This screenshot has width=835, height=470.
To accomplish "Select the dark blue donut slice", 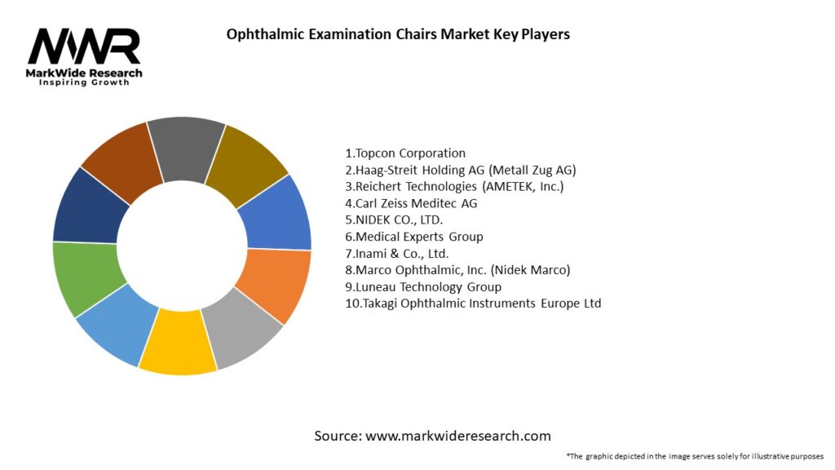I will tap(90, 205).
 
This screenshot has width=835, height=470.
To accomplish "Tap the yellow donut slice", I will tap(177, 343).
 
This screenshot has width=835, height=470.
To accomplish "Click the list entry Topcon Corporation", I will tap(405, 153).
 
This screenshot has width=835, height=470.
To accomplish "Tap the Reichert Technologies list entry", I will tap(454, 186).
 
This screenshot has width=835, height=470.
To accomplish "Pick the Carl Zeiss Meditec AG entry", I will tap(411, 203).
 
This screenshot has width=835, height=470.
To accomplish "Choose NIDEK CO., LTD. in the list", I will tap(395, 219).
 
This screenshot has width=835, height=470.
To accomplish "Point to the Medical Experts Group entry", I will tap(414, 237).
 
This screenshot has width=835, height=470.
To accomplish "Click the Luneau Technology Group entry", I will tap(423, 286).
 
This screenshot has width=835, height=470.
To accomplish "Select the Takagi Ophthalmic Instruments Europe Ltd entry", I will tap(473, 304).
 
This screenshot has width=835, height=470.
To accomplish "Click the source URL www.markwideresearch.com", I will tap(458, 436).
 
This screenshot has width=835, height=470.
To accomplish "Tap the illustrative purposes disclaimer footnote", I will tap(695, 456).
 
